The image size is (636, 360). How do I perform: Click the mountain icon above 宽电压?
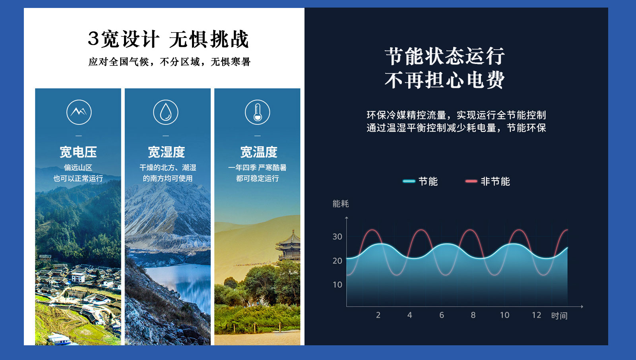click(79, 112)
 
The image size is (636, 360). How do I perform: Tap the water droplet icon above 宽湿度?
click(165, 112)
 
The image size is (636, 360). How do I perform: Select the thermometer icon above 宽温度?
click(258, 112)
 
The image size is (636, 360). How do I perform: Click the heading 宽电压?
click(78, 152)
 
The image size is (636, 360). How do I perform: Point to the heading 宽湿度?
click(167, 152)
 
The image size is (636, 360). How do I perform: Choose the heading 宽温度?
click(259, 152)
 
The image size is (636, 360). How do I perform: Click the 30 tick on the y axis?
click(337, 236)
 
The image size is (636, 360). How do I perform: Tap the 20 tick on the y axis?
click(337, 261)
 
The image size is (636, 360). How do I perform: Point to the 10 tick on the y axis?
click(337, 285)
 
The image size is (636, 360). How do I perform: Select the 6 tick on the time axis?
click(442, 315)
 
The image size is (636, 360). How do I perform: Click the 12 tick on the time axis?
click(536, 315)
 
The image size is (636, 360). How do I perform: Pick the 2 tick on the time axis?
click(378, 315)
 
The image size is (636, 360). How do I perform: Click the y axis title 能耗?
click(341, 203)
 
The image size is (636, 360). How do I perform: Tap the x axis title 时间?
click(559, 316)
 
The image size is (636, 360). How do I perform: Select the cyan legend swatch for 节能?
click(409, 181)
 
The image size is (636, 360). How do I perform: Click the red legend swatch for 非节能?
click(471, 181)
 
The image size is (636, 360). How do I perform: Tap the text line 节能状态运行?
click(445, 56)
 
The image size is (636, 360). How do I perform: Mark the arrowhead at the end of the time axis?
click(582, 307)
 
